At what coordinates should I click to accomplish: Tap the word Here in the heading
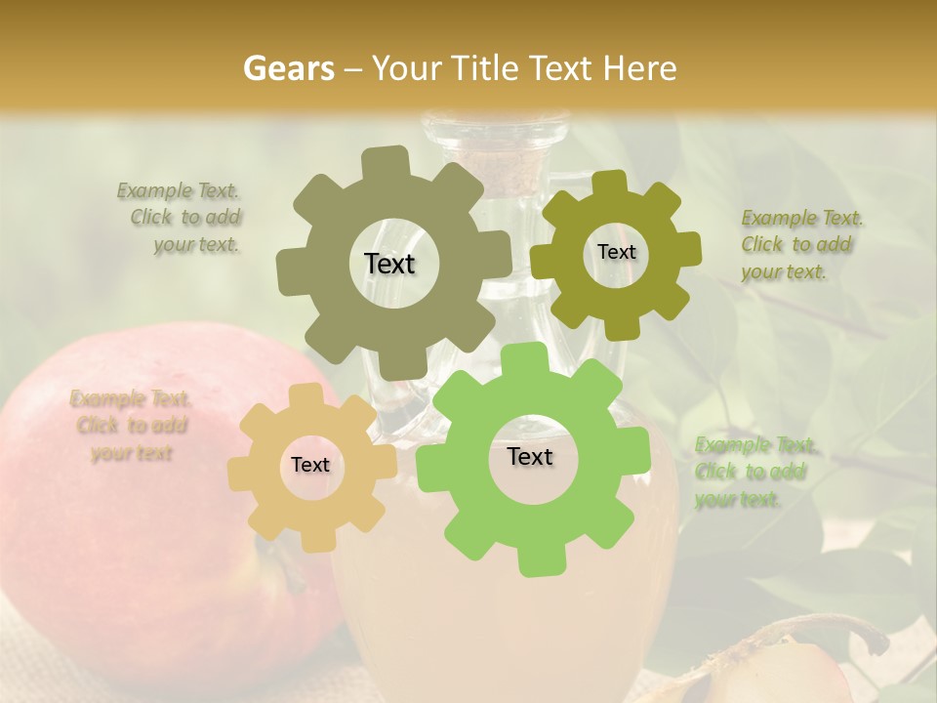tap(640, 68)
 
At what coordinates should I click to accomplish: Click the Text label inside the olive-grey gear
tap(389, 264)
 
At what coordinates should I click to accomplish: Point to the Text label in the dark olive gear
tap(616, 252)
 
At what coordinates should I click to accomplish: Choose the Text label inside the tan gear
tap(310, 465)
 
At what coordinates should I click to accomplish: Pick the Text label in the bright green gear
tap(530, 456)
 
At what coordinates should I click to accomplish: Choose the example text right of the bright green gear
tap(753, 473)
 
